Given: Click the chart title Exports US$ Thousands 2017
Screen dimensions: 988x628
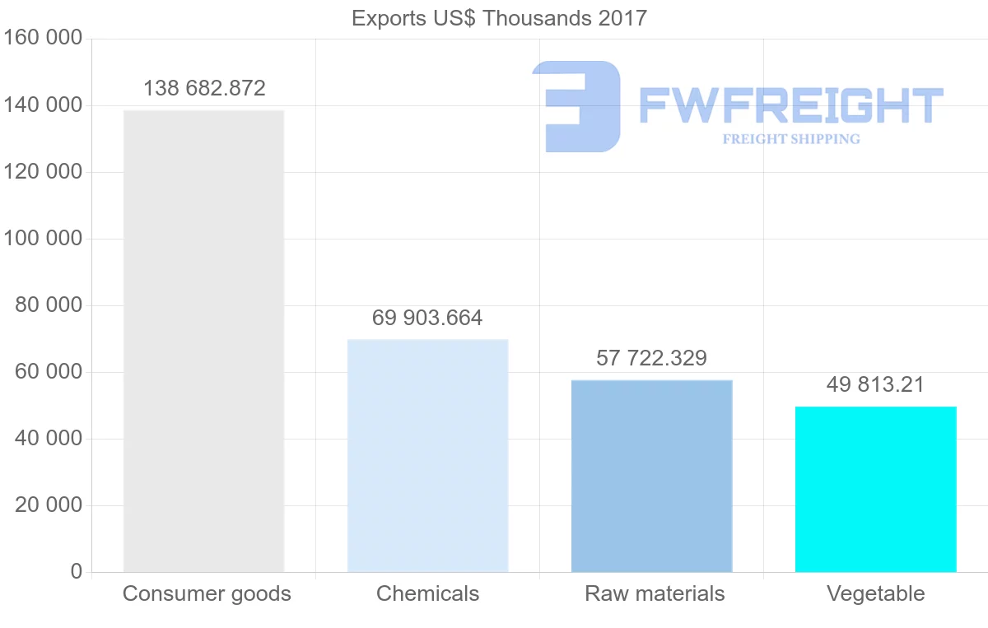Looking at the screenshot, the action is tap(499, 19).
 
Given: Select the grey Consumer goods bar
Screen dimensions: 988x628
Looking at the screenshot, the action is tap(204, 342).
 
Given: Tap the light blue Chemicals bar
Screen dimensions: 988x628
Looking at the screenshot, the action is tap(428, 456).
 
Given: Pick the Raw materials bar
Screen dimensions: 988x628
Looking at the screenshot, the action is tap(652, 477).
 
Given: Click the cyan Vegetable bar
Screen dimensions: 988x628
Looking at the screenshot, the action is tap(876, 490).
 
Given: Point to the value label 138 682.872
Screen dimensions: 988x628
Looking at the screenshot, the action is tap(204, 88).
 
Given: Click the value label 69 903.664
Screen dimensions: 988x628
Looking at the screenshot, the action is tap(427, 318).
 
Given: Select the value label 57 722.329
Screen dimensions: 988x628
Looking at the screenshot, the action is tap(651, 358).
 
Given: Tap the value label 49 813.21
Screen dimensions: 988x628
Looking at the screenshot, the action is tap(875, 384).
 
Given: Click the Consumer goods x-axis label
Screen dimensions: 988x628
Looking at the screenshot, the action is tap(207, 594).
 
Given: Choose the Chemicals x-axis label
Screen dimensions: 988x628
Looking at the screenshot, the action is tap(427, 593).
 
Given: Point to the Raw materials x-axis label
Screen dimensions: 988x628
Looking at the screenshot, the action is tap(655, 593).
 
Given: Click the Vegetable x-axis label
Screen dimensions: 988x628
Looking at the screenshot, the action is tap(875, 594).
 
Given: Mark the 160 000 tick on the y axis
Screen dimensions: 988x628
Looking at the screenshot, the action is tap(43, 38).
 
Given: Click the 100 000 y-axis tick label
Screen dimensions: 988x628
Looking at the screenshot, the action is tap(43, 239).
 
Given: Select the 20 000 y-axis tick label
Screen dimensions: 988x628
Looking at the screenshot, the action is tap(49, 505).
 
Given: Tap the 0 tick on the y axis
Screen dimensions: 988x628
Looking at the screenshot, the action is tap(77, 571).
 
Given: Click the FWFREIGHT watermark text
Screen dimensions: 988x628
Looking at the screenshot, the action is tap(791, 105).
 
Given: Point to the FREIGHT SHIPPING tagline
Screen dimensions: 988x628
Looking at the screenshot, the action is tap(791, 139).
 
